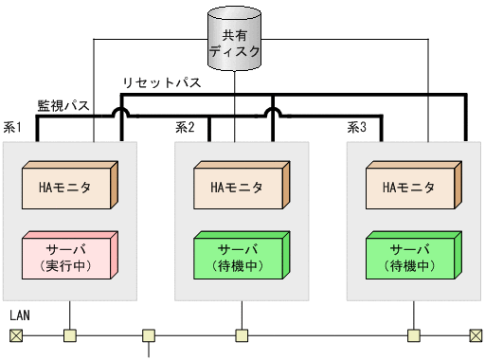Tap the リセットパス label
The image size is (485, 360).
[x=161, y=83]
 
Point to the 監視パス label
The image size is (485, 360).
[x=63, y=105]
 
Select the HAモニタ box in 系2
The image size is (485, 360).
[x=240, y=187]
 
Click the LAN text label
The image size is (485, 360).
[x=20, y=314]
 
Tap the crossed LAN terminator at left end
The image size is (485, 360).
[x=15, y=335]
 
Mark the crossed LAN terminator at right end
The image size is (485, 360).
[x=475, y=335]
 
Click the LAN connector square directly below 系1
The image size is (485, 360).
[x=69, y=335]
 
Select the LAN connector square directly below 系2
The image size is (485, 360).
[x=242, y=335]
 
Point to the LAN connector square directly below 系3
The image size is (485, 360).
[x=413, y=335]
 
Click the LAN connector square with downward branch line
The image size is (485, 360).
[x=149, y=335]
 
